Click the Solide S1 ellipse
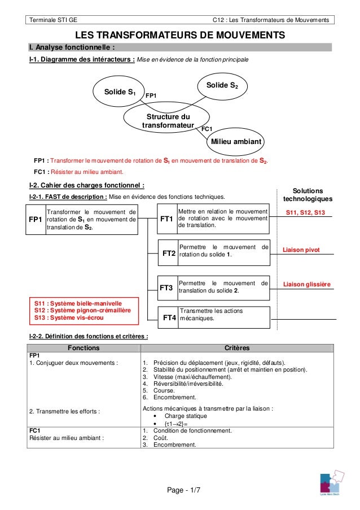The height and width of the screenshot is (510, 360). tap(118, 92)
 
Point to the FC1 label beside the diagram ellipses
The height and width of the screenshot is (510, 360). tap(207, 129)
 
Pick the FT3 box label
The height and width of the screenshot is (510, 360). tap(166, 287)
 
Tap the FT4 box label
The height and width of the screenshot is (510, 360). tap(169, 317)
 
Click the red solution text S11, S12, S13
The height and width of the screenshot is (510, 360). tap(305, 212)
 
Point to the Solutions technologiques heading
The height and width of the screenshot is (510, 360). tap(307, 195)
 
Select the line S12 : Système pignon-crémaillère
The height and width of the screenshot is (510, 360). tap(82, 310)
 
